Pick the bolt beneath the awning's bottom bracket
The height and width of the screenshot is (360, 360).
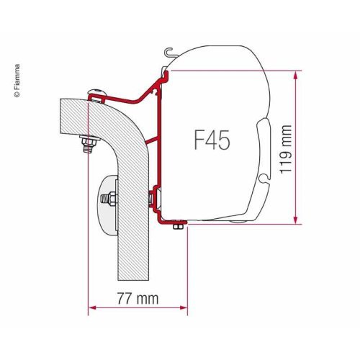click(178, 228)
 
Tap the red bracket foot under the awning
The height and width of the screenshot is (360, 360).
click(173, 222)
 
